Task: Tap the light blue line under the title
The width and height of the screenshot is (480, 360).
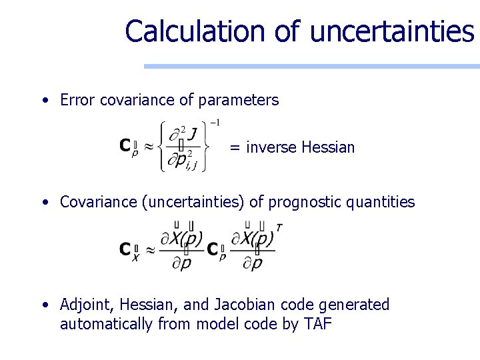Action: click(x=312, y=66)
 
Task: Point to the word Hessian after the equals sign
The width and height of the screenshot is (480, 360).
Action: click(x=328, y=147)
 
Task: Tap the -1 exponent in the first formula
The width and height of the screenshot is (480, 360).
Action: click(x=215, y=123)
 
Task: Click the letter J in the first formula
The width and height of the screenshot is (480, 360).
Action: click(x=192, y=135)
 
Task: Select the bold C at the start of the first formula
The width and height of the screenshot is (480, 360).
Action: click(x=125, y=145)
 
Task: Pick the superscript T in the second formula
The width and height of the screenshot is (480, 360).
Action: click(x=279, y=228)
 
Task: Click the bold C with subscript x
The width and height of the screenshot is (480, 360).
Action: click(x=125, y=249)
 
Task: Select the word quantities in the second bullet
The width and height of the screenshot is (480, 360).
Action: click(x=383, y=202)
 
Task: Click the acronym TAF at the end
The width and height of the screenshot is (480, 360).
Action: click(x=319, y=325)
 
